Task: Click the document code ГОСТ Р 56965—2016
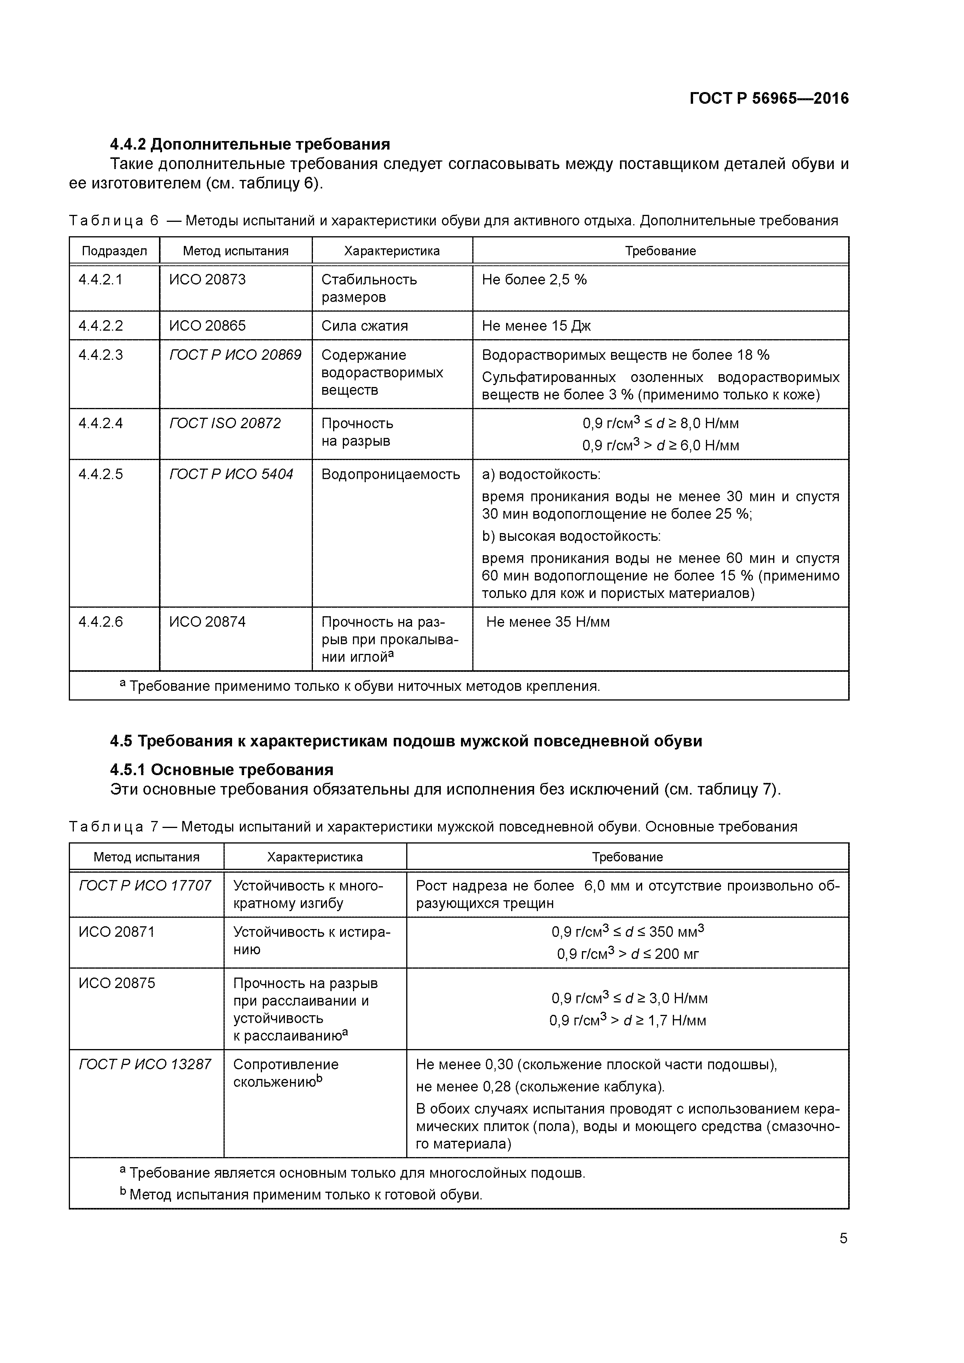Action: point(768,99)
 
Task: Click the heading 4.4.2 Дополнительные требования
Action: point(250,144)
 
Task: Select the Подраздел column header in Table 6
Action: point(114,251)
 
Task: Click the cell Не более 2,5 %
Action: point(534,280)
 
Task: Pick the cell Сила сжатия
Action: point(364,326)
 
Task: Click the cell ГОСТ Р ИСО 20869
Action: point(235,355)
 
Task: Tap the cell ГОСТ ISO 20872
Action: point(225,423)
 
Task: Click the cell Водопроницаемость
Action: point(390,474)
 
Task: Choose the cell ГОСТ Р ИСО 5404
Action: point(231,474)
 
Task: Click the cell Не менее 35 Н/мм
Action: point(548,622)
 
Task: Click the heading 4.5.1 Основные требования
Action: point(222,770)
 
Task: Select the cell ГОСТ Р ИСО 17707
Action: point(145,886)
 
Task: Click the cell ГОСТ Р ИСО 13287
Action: point(145,1064)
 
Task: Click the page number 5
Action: point(843,1238)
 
